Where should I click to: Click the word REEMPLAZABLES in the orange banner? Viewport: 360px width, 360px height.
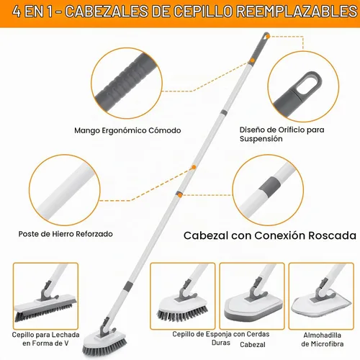point(297,12)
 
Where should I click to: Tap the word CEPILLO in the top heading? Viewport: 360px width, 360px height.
point(202,12)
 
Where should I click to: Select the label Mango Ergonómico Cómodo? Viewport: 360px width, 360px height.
point(127,130)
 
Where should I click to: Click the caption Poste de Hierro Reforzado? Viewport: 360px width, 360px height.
point(66,234)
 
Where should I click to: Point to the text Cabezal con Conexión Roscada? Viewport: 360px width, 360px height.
point(270,235)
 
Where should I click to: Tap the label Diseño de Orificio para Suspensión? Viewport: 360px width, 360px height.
point(282,134)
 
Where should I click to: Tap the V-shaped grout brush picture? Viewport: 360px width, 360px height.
point(45,296)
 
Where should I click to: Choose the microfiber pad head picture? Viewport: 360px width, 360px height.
point(321,296)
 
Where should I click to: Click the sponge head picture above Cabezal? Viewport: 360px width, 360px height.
point(252,296)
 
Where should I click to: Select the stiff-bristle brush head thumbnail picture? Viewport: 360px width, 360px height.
point(182,296)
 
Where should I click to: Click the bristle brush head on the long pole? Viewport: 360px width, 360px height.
point(104,341)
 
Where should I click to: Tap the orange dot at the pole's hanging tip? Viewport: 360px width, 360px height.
point(268,37)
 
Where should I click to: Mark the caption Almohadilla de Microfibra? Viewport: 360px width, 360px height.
point(322,339)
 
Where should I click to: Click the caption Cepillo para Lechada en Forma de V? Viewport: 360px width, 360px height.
point(45,339)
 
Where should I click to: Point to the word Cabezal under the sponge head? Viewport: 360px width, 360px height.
point(253,345)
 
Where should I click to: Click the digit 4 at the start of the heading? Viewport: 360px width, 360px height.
point(17,12)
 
